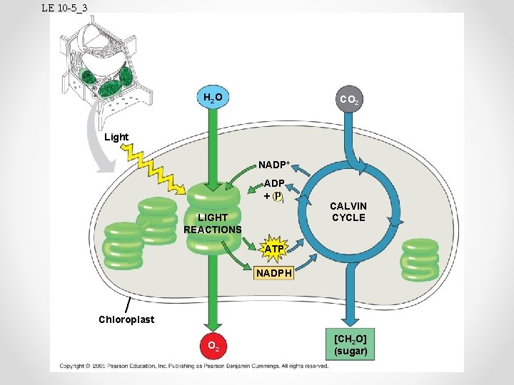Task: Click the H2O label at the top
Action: coord(211,98)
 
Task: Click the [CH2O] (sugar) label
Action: coord(350,344)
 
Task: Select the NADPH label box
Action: coord(274,272)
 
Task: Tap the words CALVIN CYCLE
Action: coord(348,212)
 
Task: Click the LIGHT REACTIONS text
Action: coord(212,223)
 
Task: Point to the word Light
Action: coord(116,137)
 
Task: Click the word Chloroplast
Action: coord(126,319)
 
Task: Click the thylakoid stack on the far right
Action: coord(419,260)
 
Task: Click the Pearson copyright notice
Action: coord(193,366)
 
